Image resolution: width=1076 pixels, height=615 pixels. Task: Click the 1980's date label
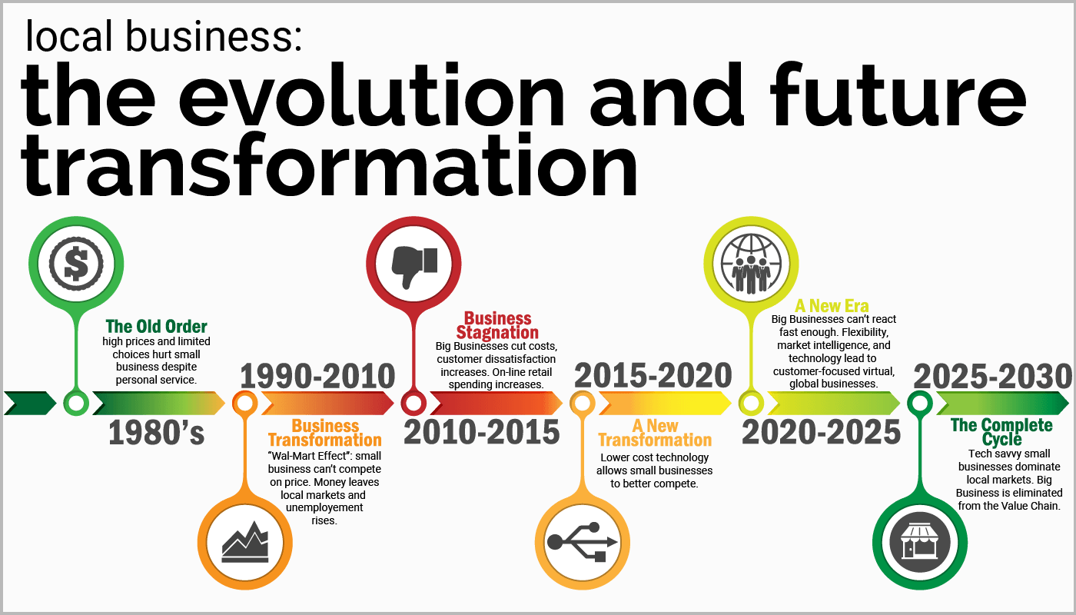tap(157, 433)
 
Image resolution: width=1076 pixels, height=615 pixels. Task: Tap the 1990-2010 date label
tap(317, 377)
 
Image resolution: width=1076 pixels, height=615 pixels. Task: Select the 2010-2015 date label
tap(482, 433)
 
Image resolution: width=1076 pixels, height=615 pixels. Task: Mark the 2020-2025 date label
tap(821, 433)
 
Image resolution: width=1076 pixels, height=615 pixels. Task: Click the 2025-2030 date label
tap(991, 377)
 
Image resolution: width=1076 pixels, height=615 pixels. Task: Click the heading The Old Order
tap(157, 326)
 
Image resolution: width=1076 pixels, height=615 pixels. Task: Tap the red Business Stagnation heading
tap(497, 325)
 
